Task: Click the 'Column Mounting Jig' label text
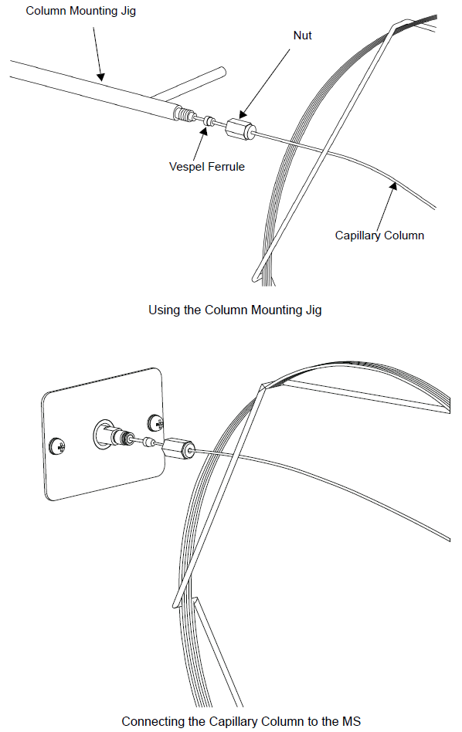pos(81,12)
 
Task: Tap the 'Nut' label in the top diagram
pos(302,36)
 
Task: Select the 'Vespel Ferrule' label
pos(206,167)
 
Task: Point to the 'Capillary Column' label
pos(379,236)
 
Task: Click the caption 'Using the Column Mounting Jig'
pos(235,310)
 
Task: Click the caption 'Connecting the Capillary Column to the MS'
pos(241,721)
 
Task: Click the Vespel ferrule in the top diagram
pos(209,120)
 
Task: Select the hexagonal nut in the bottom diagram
pos(179,448)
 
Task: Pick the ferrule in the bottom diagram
pos(150,442)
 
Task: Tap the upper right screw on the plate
pos(155,423)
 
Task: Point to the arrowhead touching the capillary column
pos(394,186)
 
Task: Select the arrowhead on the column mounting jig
pos(100,77)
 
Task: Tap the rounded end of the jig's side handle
pos(223,72)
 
